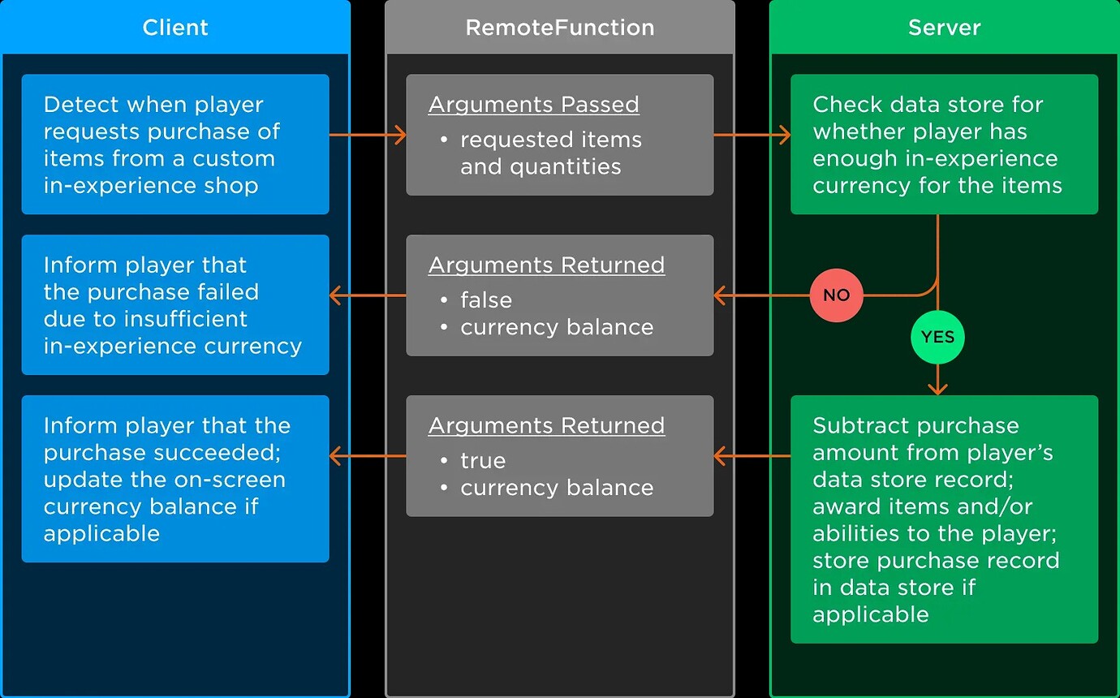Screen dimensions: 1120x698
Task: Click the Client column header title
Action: pos(175,28)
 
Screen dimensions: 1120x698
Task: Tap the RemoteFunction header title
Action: pos(560,28)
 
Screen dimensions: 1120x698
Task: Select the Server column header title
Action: pos(945,28)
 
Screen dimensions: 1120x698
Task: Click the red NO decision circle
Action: pos(837,295)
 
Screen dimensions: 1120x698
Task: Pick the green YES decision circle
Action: pos(937,337)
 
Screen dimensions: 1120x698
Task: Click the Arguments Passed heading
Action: pos(533,105)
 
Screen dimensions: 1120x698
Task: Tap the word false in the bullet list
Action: pos(486,300)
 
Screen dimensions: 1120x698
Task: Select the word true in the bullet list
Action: pos(483,460)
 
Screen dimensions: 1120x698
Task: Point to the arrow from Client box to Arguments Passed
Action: pos(368,135)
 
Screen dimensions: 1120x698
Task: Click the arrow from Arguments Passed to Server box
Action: pos(752,135)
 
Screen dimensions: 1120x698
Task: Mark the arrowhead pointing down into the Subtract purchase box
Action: pos(937,389)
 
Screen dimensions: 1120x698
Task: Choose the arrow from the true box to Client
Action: pos(368,456)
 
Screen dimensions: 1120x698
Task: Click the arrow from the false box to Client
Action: pos(368,295)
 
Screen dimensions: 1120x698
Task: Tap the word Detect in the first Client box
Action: pos(81,105)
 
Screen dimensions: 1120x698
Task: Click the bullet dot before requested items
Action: pos(443,140)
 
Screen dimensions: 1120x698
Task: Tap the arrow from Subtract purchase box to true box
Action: pos(752,456)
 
